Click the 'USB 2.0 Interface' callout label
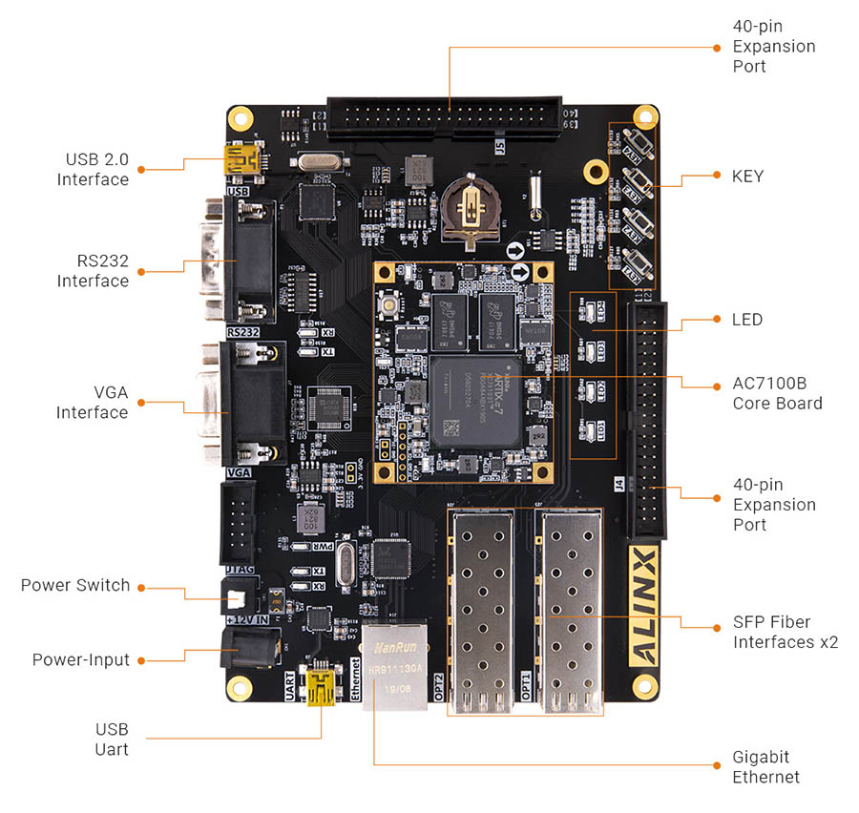click(x=93, y=169)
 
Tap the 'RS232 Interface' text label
click(x=93, y=270)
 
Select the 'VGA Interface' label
click(x=92, y=402)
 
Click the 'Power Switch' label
click(x=75, y=585)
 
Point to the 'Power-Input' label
click(x=80, y=659)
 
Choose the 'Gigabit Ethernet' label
click(x=765, y=766)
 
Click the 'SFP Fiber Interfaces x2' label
click(x=785, y=632)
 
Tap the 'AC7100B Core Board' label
click(x=777, y=393)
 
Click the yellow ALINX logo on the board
click(x=644, y=605)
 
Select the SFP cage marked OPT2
click(x=481, y=611)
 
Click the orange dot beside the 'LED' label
click(x=716, y=319)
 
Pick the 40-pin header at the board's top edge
click(x=444, y=117)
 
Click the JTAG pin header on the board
click(x=237, y=521)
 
